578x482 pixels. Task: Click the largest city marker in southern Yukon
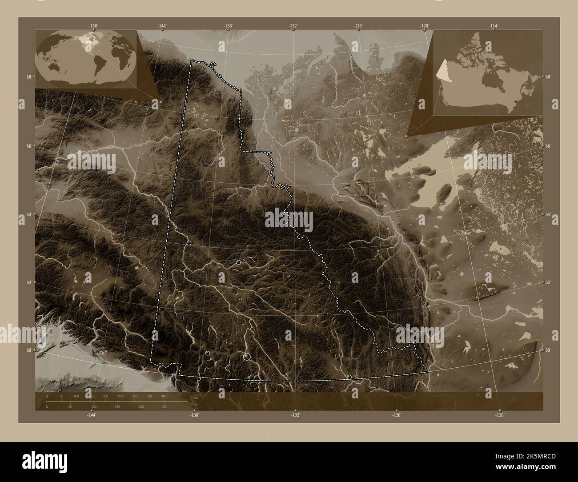click(247, 356)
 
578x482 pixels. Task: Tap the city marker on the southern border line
click(349, 377)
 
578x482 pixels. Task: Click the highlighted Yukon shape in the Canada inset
click(442, 70)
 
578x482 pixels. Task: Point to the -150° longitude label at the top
click(92, 26)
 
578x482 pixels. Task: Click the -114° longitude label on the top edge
click(493, 26)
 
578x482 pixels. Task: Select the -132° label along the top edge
click(293, 26)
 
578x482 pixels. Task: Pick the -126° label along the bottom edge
click(397, 415)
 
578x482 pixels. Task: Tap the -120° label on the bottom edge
click(500, 415)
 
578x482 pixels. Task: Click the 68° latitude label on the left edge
click(28, 77)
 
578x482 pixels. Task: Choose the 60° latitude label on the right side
click(548, 350)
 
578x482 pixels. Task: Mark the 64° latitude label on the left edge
click(28, 215)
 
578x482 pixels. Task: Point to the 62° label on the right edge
click(548, 282)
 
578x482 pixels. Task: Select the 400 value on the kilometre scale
click(164, 395)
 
